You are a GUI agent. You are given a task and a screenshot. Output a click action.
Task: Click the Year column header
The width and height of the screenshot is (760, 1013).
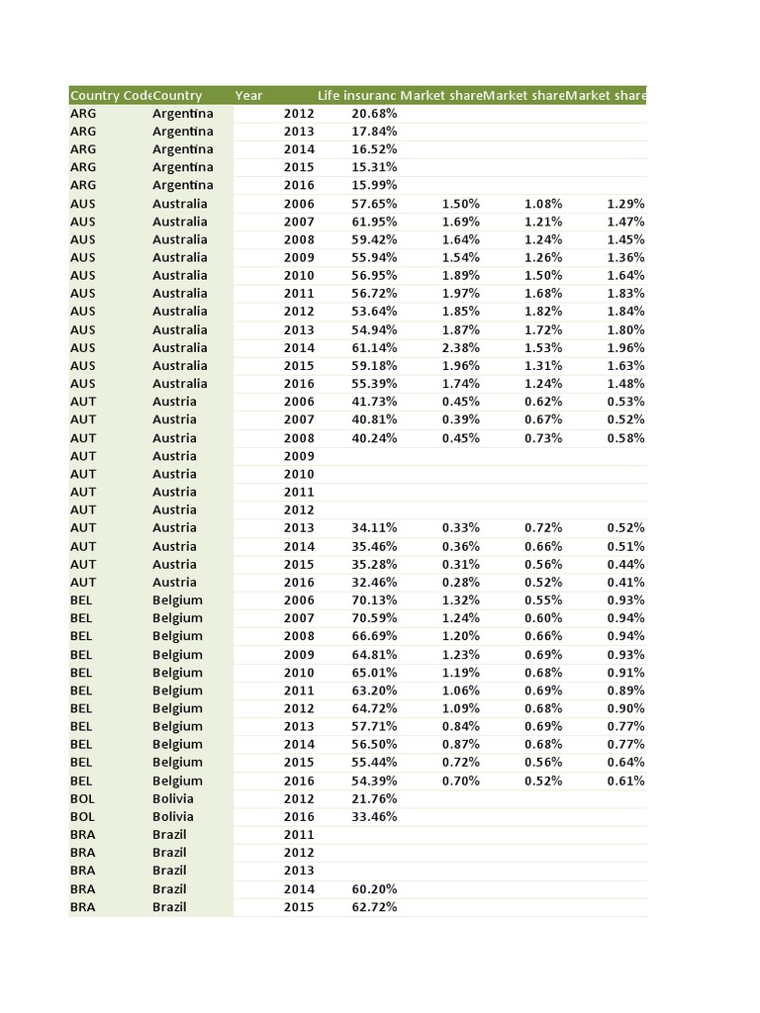tap(249, 96)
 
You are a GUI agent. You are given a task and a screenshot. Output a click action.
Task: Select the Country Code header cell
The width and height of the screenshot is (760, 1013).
tap(109, 96)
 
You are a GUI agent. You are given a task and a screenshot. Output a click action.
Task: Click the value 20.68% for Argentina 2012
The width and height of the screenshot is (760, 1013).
tap(374, 114)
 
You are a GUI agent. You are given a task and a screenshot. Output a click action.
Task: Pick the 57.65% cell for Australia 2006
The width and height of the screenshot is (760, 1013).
tap(374, 204)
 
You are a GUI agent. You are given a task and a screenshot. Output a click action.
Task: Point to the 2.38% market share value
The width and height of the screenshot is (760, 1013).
tap(460, 347)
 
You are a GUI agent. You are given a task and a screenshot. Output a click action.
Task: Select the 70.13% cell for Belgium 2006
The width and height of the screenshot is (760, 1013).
tap(374, 600)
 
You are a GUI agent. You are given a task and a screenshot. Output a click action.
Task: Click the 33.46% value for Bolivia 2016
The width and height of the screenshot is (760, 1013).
tap(374, 817)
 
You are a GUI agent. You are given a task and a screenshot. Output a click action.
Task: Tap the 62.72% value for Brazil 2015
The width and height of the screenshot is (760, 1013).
tap(374, 907)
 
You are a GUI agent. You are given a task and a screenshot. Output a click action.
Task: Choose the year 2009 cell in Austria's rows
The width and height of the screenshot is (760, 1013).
tap(299, 456)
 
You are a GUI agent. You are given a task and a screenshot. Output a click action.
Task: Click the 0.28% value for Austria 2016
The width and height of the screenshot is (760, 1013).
tap(460, 583)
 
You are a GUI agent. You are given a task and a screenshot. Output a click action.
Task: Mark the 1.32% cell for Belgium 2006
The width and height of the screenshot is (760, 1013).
tap(460, 600)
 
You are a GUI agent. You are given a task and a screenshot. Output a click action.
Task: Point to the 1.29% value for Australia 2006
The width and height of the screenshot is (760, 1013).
tap(625, 204)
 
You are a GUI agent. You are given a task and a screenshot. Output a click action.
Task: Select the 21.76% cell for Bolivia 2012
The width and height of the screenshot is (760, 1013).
tap(374, 799)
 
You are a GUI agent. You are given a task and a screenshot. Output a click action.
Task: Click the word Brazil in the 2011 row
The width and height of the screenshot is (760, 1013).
tap(169, 835)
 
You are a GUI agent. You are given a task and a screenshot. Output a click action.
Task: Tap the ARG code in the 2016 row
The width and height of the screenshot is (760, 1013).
tap(83, 185)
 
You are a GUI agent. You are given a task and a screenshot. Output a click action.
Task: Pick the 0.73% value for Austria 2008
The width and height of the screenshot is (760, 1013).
tap(543, 438)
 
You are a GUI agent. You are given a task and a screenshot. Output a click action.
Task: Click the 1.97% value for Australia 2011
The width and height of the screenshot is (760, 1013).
tap(460, 294)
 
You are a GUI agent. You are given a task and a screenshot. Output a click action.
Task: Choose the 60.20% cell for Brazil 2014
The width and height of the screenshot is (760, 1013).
tap(374, 889)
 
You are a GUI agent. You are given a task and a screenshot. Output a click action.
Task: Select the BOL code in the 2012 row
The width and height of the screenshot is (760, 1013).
tap(83, 799)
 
